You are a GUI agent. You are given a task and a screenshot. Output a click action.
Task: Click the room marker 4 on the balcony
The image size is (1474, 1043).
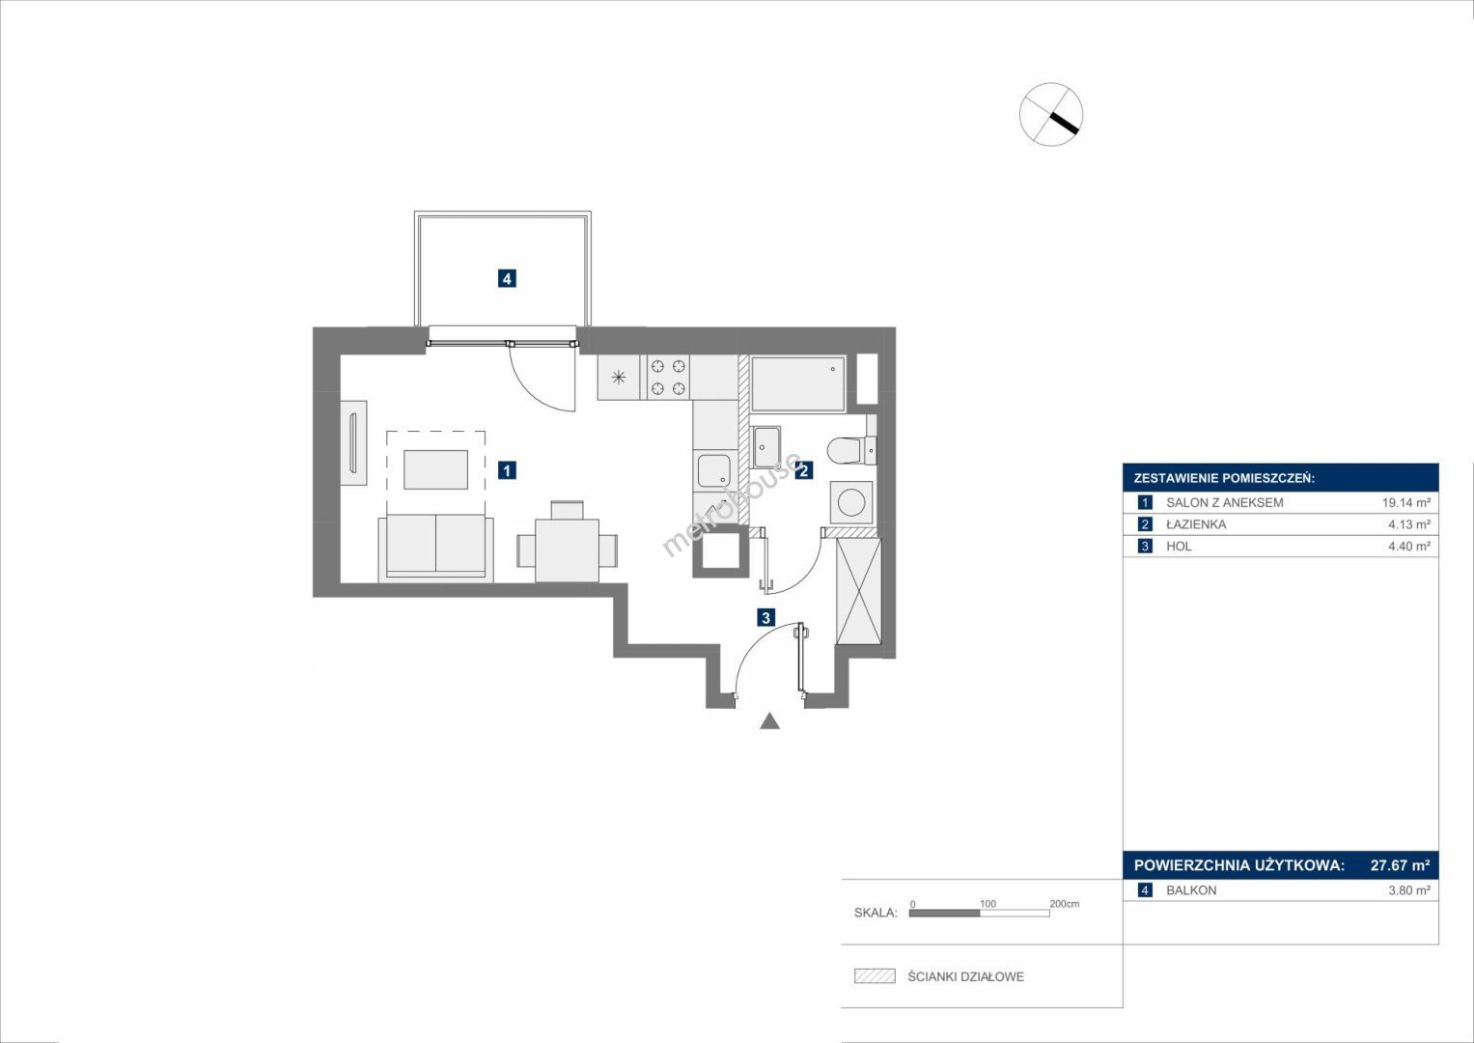(506, 278)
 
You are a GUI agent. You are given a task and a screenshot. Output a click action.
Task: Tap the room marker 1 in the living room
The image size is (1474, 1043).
(506, 470)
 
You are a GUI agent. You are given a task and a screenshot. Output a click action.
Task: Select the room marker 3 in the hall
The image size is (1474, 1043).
(765, 618)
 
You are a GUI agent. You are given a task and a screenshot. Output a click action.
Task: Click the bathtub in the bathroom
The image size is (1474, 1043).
(797, 384)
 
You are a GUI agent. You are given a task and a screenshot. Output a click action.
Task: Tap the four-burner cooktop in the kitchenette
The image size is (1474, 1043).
(668, 378)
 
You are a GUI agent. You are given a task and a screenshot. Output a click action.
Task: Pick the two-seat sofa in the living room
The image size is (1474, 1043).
(435, 548)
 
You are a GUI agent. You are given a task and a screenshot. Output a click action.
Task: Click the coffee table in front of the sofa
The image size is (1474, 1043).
(435, 469)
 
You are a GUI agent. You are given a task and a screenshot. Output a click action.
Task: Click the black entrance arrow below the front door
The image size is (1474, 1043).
(770, 721)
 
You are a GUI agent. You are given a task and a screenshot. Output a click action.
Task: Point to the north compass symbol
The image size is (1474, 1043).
(1051, 114)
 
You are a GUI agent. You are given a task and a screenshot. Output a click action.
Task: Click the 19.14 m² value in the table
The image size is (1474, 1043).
(1406, 502)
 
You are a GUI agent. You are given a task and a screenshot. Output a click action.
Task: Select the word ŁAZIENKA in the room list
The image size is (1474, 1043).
(1196, 524)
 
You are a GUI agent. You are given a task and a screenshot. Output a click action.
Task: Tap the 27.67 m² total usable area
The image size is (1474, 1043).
(1400, 864)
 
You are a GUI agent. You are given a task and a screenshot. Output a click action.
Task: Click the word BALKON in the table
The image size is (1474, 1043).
(1191, 890)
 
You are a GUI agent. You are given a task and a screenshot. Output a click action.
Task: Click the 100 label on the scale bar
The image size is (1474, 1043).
(987, 903)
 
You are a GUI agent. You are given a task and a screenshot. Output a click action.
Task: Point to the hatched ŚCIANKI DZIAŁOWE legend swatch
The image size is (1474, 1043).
(875, 975)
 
